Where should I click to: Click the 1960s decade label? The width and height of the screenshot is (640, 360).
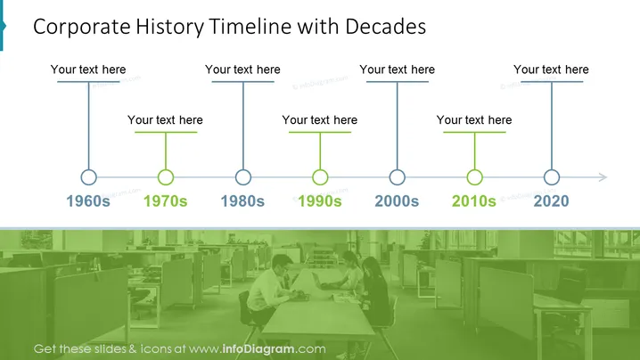(x=88, y=200)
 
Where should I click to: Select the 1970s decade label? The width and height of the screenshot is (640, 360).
(x=165, y=200)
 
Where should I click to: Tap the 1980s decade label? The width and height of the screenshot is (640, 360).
(x=242, y=200)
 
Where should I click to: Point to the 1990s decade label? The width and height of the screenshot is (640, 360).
(x=320, y=200)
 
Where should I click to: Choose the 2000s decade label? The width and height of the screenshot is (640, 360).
(x=397, y=200)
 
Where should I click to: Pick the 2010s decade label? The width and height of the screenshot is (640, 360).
(x=474, y=200)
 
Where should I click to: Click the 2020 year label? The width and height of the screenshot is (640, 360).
(x=551, y=200)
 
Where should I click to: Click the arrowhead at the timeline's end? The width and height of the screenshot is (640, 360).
(x=607, y=177)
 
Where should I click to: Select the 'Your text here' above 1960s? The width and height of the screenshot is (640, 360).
(x=88, y=70)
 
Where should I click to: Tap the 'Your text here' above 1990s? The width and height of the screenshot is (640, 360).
(x=320, y=120)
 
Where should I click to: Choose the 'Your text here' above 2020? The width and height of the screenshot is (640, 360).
(x=551, y=70)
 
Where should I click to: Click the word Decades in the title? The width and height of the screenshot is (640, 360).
(x=385, y=27)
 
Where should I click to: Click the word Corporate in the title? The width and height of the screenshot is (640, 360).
(x=82, y=28)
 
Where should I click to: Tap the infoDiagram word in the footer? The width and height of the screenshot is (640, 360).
(x=258, y=349)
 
